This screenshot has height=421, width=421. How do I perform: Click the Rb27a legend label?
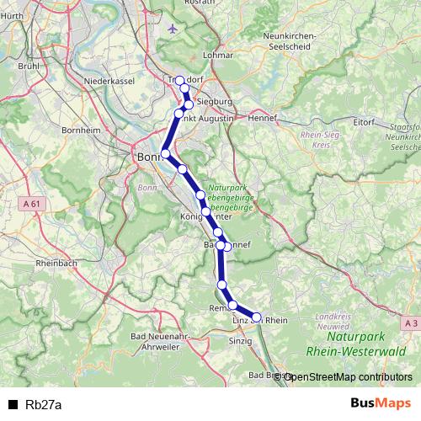pyautogui.click(x=43, y=405)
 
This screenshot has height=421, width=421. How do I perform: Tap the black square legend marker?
pyautogui.click(x=13, y=405)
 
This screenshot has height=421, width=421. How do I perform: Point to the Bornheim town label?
pyautogui.click(x=82, y=131)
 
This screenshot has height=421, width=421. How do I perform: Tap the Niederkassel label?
pyautogui.click(x=106, y=81)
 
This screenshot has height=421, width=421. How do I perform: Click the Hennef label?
pyautogui.click(x=263, y=118)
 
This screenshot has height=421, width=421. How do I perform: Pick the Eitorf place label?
pyautogui.click(x=364, y=122)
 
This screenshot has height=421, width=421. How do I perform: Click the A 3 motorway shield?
pyautogui.click(x=409, y=322)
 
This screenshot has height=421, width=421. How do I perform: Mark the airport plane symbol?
pyautogui.click(x=173, y=29)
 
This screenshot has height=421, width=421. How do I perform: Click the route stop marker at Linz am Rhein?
pyautogui.click(x=258, y=318)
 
